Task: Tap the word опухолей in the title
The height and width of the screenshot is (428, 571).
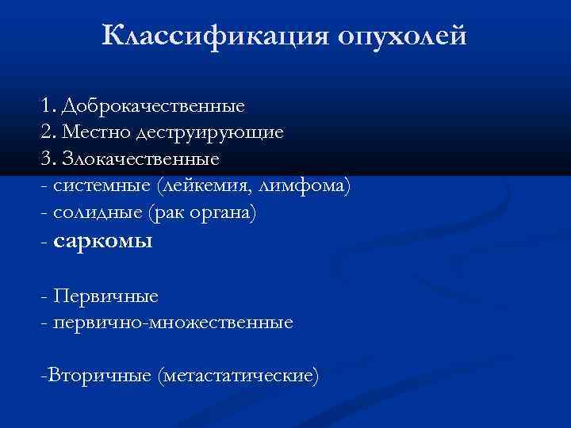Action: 403,36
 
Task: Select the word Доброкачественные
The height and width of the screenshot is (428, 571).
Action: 154,105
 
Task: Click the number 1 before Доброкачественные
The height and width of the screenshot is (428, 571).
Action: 44,105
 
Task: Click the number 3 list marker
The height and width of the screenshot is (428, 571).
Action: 45,159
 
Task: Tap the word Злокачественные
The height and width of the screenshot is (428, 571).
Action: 142,159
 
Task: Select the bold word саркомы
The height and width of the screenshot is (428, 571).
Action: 102,242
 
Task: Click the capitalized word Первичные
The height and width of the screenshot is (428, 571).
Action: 105,296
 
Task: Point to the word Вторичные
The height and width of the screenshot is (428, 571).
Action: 100,374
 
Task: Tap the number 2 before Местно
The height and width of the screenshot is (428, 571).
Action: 45,132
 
